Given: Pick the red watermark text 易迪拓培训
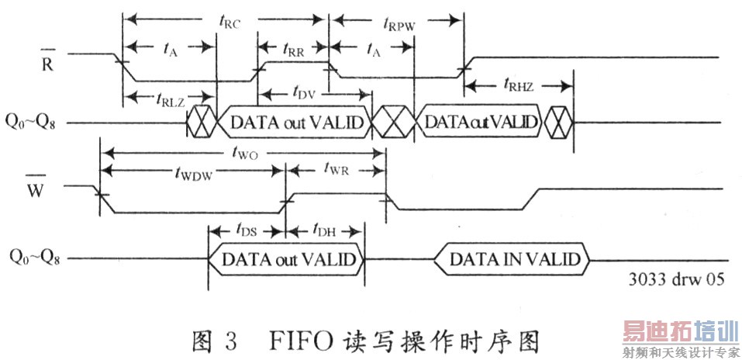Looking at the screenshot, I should (x=679, y=332).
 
